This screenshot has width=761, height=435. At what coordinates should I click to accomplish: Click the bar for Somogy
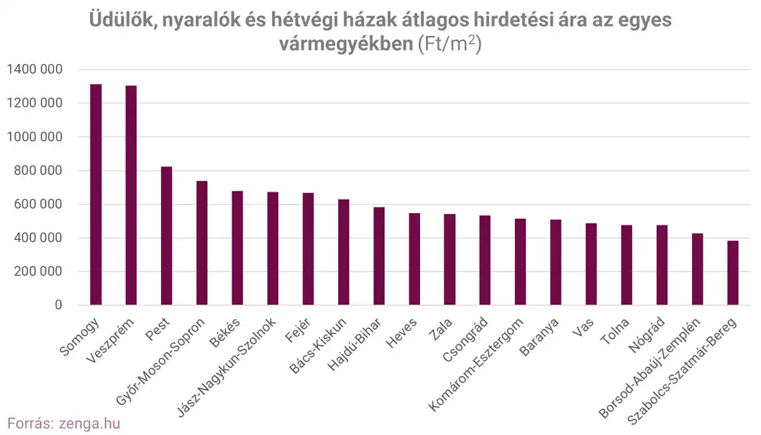pos(96,194)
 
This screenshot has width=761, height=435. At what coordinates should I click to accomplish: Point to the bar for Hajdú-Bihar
pos(379,256)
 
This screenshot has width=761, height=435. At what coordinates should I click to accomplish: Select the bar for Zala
pos(450,260)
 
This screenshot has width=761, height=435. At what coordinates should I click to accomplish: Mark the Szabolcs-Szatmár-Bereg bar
pos(733,273)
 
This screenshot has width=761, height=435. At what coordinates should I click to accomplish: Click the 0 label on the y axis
pos(60,305)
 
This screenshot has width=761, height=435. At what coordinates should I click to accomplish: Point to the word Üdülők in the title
pos(120,19)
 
